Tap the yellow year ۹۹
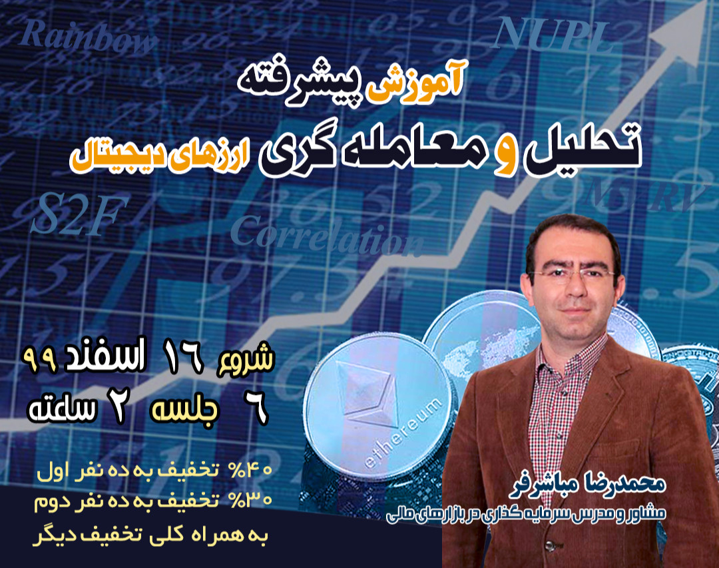click(43, 360)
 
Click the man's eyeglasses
click(573, 274)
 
